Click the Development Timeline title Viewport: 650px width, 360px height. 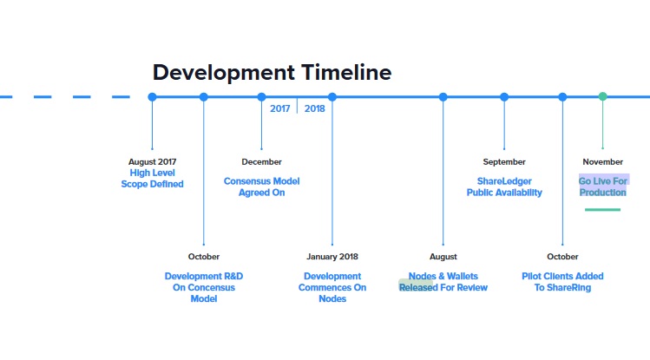pyautogui.click(x=272, y=73)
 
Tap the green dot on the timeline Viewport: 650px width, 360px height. pyautogui.click(x=603, y=96)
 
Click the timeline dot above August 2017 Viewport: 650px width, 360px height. pyautogui.click(x=152, y=97)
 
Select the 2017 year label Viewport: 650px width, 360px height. pyautogui.click(x=279, y=108)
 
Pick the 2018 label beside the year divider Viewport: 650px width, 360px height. pyautogui.click(x=315, y=108)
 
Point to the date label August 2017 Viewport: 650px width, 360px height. pyautogui.click(x=152, y=162)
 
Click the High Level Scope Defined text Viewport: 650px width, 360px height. pyautogui.click(x=152, y=179)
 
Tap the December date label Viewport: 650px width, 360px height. pyautogui.click(x=261, y=162)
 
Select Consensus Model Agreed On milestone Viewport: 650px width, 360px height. pyautogui.click(x=261, y=187)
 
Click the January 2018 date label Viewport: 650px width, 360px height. pyautogui.click(x=332, y=257)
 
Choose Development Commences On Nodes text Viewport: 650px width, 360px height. pyautogui.click(x=332, y=287)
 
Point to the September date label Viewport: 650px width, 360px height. pyautogui.click(x=504, y=162)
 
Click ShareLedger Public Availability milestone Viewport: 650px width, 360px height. pyautogui.click(x=504, y=187)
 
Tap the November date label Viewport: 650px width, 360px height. pyautogui.click(x=603, y=162)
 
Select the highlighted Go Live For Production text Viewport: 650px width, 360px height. pyautogui.click(x=603, y=187)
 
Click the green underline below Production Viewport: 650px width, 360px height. pyautogui.click(x=603, y=210)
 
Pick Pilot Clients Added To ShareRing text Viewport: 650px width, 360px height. pyautogui.click(x=562, y=282)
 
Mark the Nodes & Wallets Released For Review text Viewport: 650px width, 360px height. pyautogui.click(x=443, y=282)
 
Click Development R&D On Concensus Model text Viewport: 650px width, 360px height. pyautogui.click(x=204, y=287)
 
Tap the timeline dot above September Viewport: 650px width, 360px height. pyautogui.click(x=504, y=97)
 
